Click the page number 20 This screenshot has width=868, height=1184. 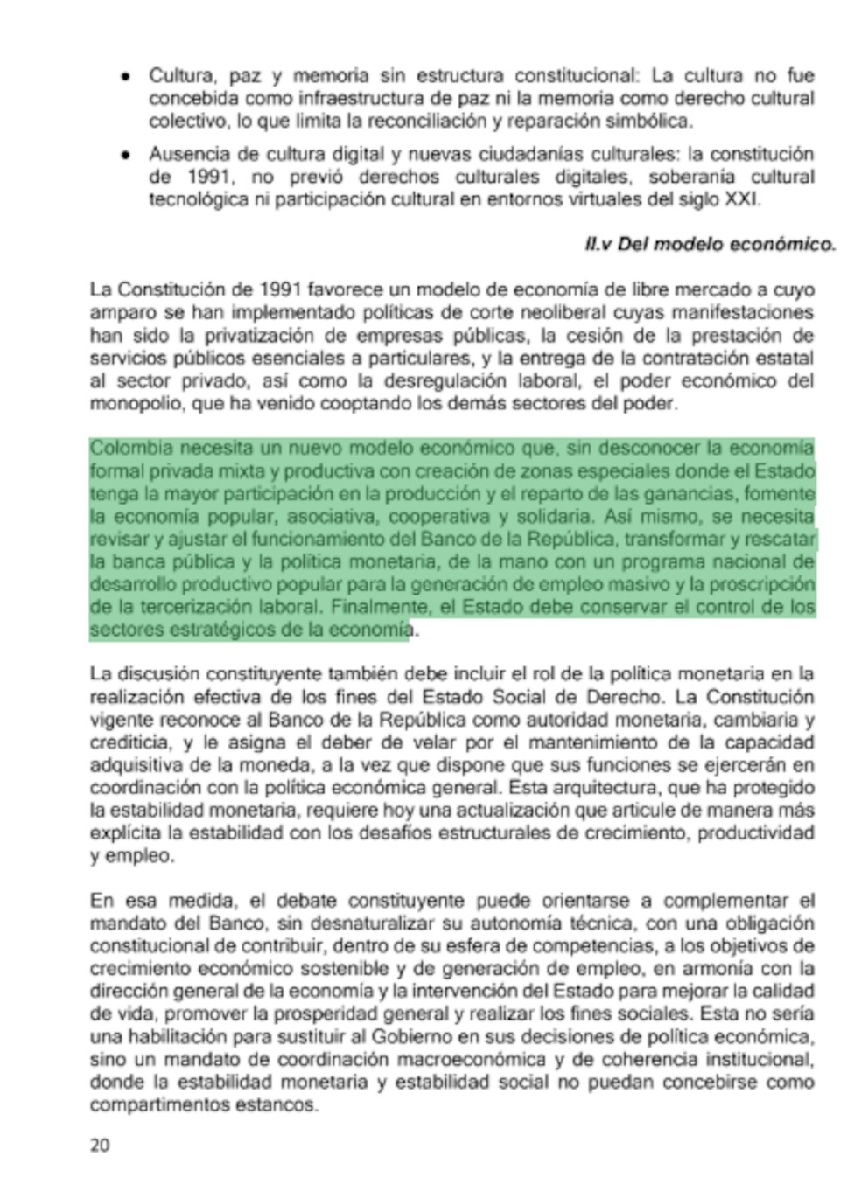pyautogui.click(x=99, y=1145)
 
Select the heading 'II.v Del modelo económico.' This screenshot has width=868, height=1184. pyautogui.click(x=710, y=245)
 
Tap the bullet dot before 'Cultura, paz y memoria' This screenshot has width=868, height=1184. pyautogui.click(x=127, y=77)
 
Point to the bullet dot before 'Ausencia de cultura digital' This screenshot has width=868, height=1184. pyautogui.click(x=127, y=155)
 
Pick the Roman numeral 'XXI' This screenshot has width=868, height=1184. pyautogui.click(x=742, y=200)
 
